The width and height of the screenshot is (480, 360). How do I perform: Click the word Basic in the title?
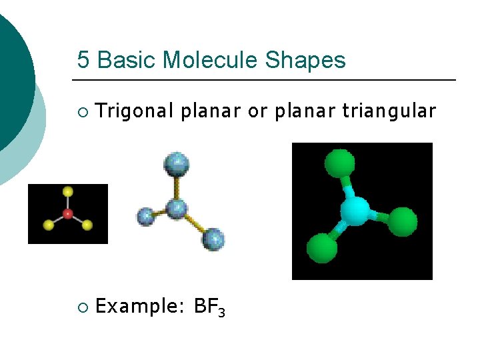pyautogui.click(x=127, y=61)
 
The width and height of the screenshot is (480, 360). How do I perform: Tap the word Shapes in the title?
pyautogui.click(x=305, y=61)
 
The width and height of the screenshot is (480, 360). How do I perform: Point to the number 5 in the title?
pyautogui.click(x=83, y=61)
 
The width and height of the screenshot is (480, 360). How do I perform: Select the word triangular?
pyautogui.click(x=389, y=111)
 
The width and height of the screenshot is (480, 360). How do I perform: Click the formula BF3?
pyautogui.click(x=209, y=307)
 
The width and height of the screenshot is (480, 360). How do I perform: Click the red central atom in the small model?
pyautogui.click(x=67, y=214)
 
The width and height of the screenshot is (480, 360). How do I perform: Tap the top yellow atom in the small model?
pyautogui.click(x=67, y=192)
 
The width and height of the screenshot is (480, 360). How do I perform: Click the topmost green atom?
pyautogui.click(x=339, y=163)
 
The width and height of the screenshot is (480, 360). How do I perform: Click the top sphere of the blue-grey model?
pyautogui.click(x=177, y=165)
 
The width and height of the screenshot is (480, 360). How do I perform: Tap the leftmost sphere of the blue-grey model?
pyautogui.click(x=145, y=216)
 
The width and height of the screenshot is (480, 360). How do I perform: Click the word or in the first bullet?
pyautogui.click(x=257, y=111)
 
